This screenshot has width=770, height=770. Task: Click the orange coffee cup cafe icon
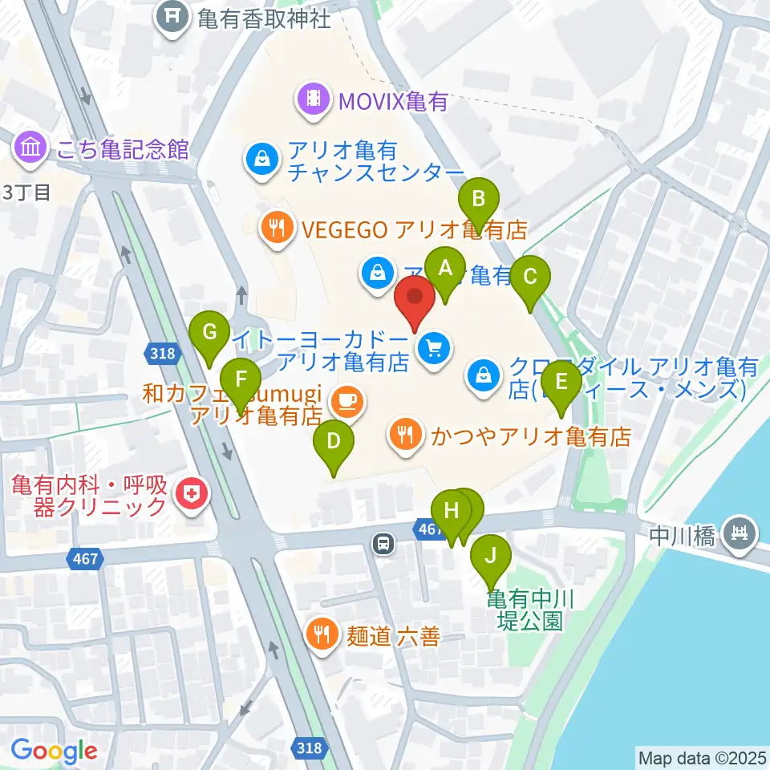coord(346,400)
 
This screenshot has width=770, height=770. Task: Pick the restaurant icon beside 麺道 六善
coord(322,636)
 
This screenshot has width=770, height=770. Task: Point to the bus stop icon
coord(384,545)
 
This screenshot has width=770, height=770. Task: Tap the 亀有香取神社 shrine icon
coord(173,17)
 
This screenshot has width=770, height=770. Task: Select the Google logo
coord(55,751)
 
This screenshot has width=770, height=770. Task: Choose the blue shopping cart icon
coord(434,349)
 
